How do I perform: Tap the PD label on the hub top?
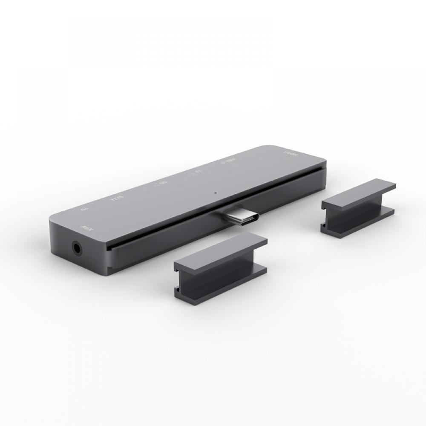(x=84, y=210)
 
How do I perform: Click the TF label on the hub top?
(x=196, y=172)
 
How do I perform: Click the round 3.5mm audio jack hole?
(x=77, y=247)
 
